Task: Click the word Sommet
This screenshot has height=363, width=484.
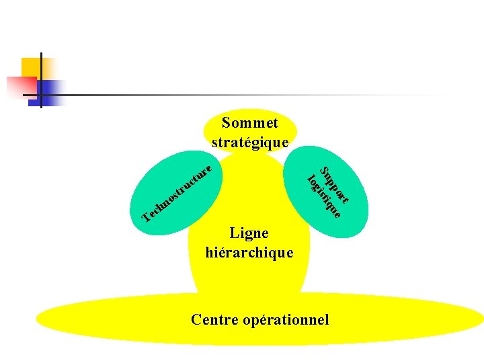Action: point(249,123)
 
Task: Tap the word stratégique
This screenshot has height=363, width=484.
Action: point(249,143)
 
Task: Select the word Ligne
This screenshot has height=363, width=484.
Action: point(249,233)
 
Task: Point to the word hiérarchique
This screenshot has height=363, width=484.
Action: point(249,253)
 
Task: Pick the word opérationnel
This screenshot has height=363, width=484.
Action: point(286,319)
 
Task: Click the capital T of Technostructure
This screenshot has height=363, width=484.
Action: point(147,216)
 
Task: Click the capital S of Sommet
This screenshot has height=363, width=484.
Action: point(226,123)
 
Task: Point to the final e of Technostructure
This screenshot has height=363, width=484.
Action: point(210,167)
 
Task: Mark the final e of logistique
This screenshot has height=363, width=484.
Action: point(339,216)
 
